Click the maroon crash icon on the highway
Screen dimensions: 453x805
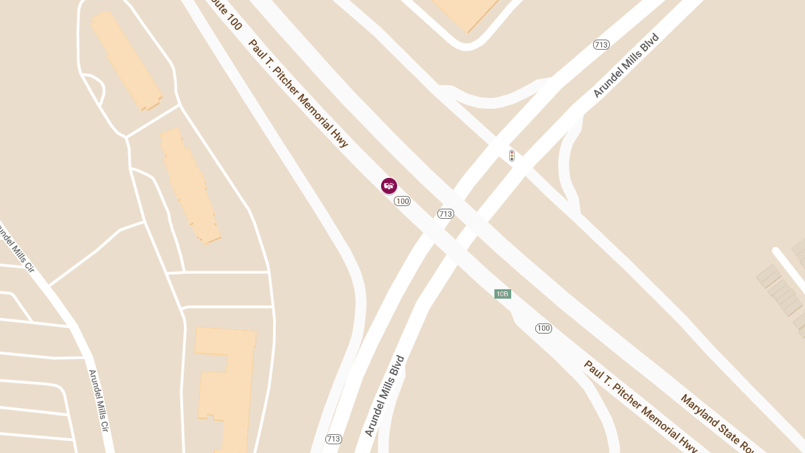389,186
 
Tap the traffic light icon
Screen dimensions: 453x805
512,156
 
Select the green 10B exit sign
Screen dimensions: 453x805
502,294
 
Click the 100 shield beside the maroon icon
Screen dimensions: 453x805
402,201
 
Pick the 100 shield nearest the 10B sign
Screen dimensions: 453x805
543,328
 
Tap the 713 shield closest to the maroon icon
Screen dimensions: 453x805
445,214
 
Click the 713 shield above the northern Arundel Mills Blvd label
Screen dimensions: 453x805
601,45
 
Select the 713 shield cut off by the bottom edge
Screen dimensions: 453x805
333,439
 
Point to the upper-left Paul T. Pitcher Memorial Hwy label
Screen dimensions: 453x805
299,93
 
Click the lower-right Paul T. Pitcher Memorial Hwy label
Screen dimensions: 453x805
641,406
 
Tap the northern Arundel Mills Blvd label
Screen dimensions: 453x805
627,66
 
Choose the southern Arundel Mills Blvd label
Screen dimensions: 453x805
385,396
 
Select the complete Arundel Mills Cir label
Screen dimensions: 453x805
98,401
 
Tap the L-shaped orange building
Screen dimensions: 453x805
225,386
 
